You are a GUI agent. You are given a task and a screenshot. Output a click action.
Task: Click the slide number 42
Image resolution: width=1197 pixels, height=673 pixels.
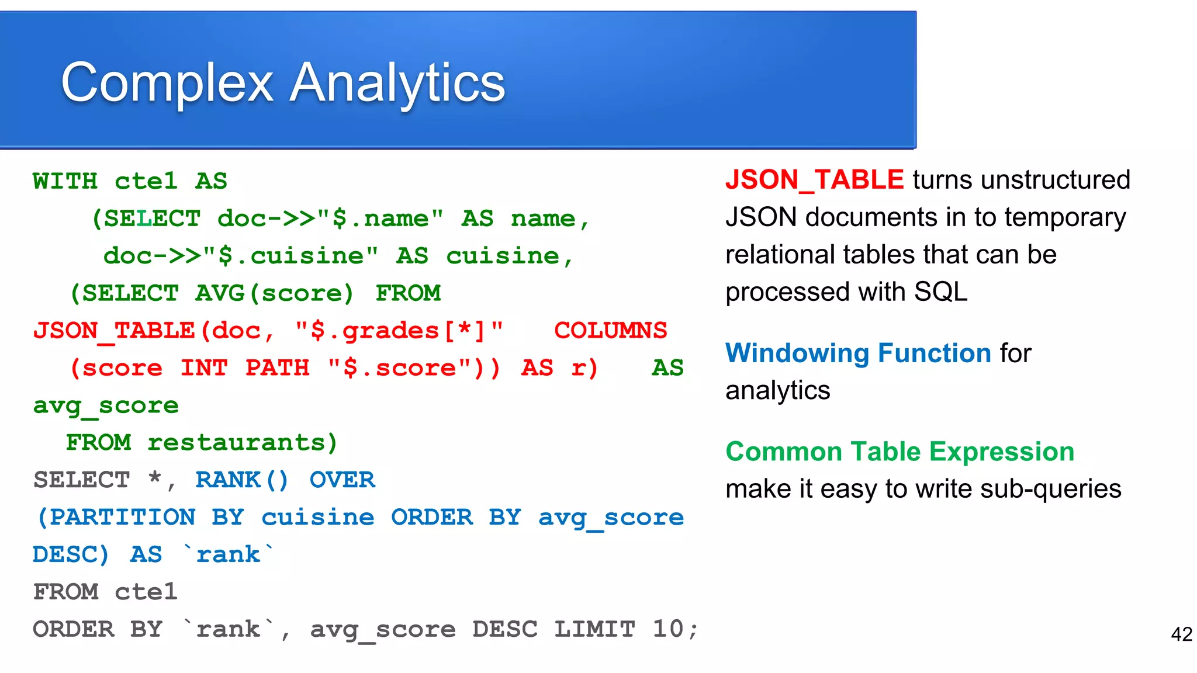click(x=1181, y=634)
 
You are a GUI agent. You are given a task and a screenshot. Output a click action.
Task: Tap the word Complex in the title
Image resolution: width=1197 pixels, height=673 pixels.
click(x=167, y=83)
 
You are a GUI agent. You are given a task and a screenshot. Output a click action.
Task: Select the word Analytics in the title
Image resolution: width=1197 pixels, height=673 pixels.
click(x=397, y=83)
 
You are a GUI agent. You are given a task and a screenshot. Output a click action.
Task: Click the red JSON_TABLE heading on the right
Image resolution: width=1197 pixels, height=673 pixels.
click(x=814, y=179)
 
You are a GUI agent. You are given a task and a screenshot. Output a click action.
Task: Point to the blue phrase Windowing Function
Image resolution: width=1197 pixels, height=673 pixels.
click(x=858, y=353)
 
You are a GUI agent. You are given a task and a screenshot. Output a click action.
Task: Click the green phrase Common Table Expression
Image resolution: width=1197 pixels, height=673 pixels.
click(x=900, y=452)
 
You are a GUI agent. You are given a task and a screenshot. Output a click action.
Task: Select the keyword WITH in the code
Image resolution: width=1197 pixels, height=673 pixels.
click(x=65, y=181)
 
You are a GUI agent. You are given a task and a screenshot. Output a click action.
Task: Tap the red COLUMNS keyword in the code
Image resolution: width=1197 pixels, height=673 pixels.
click(x=610, y=331)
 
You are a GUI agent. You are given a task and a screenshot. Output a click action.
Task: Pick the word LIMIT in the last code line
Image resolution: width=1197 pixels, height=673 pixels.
click(x=594, y=629)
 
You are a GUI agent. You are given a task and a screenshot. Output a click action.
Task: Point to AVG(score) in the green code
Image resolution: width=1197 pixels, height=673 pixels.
click(x=275, y=293)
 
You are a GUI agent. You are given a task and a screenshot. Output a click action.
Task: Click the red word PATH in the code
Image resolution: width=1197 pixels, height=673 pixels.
click(x=277, y=368)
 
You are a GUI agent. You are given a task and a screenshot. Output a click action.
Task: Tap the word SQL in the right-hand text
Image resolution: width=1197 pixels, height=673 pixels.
click(x=940, y=292)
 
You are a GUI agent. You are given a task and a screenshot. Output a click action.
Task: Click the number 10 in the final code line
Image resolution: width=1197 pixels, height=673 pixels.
click(x=667, y=629)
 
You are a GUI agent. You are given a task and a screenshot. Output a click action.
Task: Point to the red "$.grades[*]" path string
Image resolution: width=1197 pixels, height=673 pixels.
click(x=399, y=331)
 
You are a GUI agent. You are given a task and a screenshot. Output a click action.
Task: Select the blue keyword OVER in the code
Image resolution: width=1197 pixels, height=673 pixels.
click(x=342, y=480)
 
